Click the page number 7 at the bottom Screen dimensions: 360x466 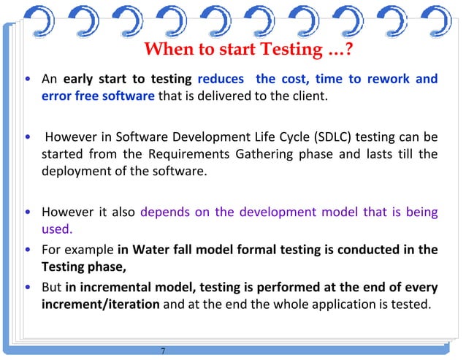pos(163,351)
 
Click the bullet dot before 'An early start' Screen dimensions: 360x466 pos(28,79)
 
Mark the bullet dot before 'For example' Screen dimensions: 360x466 pos(28,250)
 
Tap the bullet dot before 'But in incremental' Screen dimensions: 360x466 pos(28,286)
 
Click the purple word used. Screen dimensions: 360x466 pos(56,229)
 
